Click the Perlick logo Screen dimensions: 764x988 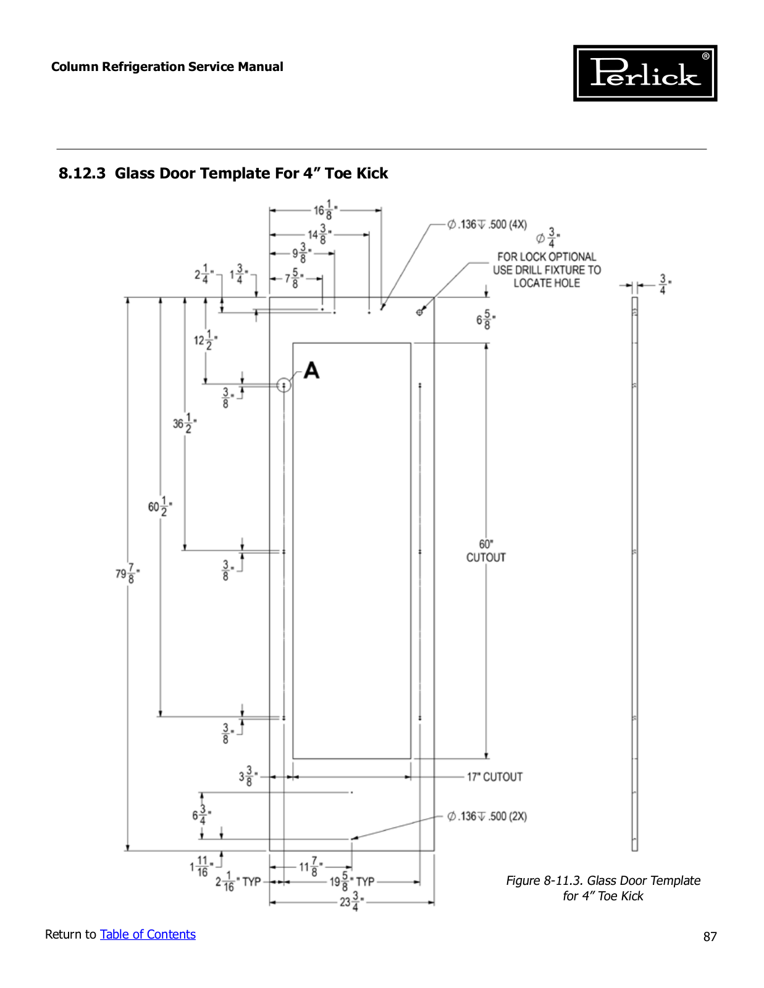click(645, 73)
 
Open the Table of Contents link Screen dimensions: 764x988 click(148, 934)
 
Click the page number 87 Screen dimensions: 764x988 click(710, 937)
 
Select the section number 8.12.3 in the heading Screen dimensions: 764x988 click(82, 174)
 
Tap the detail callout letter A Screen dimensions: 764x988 click(311, 370)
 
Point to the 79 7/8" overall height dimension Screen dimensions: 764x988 click(128, 573)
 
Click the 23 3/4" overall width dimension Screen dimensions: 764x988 click(353, 901)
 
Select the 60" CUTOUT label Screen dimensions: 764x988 click(486, 551)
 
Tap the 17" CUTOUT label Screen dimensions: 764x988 click(495, 777)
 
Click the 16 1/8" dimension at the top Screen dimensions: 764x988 click(325, 210)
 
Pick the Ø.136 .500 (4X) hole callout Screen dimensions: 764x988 click(487, 225)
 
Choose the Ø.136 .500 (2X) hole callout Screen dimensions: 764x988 click(487, 816)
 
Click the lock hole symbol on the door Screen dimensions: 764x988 click(419, 312)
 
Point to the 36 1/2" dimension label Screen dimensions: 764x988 click(185, 424)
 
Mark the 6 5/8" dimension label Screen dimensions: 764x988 click(486, 320)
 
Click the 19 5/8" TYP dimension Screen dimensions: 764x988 click(352, 882)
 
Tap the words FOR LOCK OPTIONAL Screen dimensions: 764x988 click(547, 257)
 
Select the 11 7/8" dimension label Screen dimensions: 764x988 click(311, 866)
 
